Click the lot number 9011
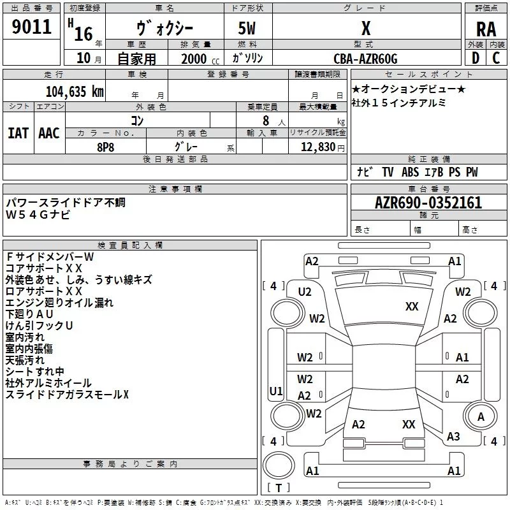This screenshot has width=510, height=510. tap(32, 27)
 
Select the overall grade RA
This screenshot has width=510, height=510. tap(486, 29)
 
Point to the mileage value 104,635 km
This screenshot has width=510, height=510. tap(75, 91)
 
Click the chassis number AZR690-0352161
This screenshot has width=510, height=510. tap(428, 203)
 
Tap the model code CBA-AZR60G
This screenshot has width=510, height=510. tap(365, 59)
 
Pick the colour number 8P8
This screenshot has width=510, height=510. tap(106, 146)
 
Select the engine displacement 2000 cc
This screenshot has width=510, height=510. tap(194, 59)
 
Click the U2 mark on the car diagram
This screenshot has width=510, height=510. tap(305, 292)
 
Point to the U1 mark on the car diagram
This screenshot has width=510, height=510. tap(276, 391)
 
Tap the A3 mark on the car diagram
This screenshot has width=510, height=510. tap(453, 436)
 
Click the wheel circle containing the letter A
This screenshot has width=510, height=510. tap(481, 417)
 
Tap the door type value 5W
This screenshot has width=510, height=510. tap(248, 29)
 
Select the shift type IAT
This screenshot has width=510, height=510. tap(18, 133)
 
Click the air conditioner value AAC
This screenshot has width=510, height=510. tap(49, 133)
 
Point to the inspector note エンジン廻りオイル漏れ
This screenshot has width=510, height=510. tap(59, 303)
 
